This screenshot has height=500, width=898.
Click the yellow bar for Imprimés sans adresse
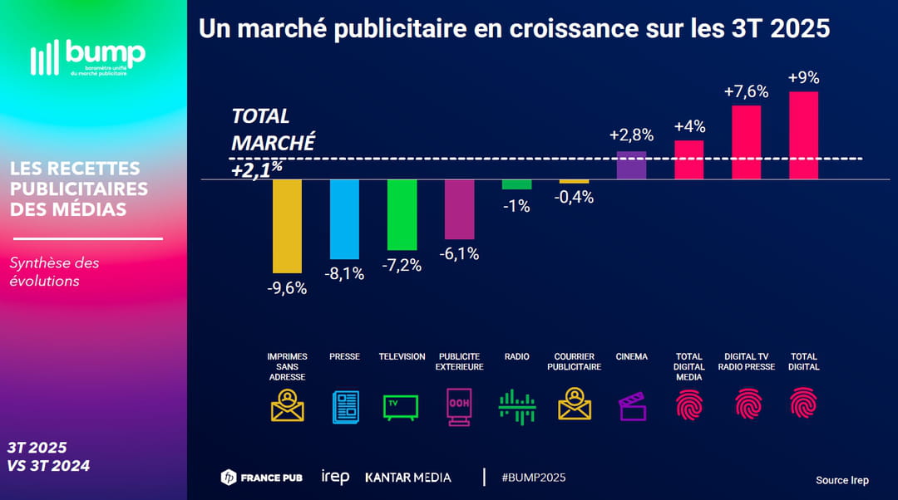(x=287, y=226)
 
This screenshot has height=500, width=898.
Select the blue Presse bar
(x=344, y=218)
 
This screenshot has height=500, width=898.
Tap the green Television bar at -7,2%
(x=402, y=214)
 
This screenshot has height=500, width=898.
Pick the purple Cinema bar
(x=631, y=164)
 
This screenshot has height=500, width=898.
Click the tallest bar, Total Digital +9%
(x=803, y=135)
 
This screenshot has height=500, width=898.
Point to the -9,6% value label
(x=287, y=288)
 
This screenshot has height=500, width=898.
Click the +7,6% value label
(x=746, y=91)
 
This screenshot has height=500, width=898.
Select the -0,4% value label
(x=574, y=198)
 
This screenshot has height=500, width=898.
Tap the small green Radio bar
(x=516, y=184)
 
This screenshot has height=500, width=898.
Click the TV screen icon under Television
(x=401, y=406)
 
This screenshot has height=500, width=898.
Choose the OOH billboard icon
(x=459, y=406)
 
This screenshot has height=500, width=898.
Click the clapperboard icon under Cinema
(x=632, y=406)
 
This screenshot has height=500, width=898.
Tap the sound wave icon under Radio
(x=516, y=406)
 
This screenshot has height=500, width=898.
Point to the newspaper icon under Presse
(x=344, y=406)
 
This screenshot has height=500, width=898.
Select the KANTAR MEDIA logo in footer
(x=408, y=478)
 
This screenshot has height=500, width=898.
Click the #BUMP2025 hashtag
(x=534, y=478)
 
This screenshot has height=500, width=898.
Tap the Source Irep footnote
(x=841, y=480)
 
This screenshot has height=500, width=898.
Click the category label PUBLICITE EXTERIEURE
(x=459, y=361)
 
